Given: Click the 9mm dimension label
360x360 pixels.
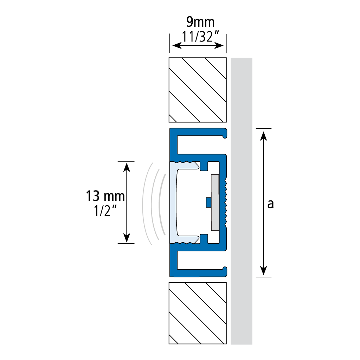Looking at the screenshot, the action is click(200, 22).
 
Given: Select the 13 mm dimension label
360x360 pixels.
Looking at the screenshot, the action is click(105, 196).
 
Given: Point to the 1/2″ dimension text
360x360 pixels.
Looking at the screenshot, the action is click(105, 211).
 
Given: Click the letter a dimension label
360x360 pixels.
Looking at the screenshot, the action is click(271, 204).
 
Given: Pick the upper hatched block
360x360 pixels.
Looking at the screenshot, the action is click(198, 90).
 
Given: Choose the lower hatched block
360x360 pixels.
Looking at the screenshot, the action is click(198, 313).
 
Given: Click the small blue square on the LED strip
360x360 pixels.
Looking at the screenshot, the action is click(208, 202).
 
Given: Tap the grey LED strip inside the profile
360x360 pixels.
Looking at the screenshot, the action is click(215, 202).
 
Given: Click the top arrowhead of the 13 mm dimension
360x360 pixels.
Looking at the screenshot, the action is click(127, 167).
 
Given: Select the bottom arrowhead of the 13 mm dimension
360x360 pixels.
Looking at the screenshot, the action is click(127, 238).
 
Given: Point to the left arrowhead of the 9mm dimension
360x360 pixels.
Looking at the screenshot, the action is click(177, 45).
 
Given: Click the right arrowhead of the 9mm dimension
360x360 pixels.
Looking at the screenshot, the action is click(219, 45).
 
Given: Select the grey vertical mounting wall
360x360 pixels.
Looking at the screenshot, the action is click(242, 201).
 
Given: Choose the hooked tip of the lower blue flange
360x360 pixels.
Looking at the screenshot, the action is click(225, 271).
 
